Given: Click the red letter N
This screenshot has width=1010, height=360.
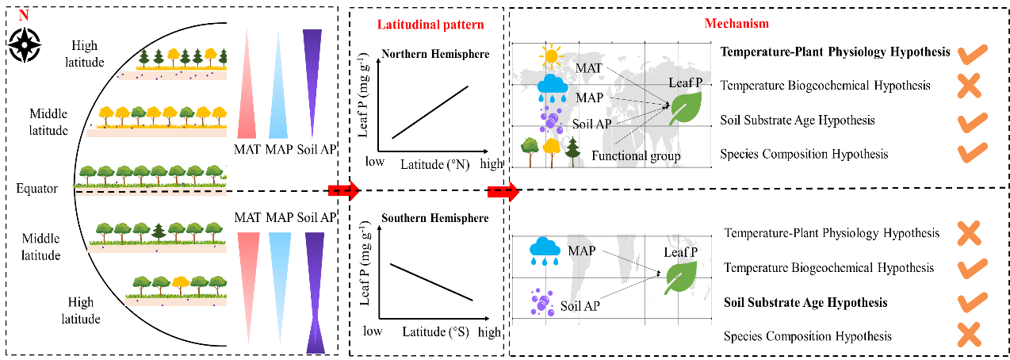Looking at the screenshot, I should coord(24,15).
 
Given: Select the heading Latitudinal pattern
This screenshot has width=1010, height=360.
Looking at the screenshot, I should coord(430,25).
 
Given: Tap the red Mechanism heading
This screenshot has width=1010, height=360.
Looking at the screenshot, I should coord(736,24).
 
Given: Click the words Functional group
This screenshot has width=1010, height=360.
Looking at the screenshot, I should coord(636,156).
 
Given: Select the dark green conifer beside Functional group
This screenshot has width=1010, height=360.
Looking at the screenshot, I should coord(572,151).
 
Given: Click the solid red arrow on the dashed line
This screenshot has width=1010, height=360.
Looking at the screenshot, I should coord(344,190).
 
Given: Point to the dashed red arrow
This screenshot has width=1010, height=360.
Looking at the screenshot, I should coord(503,191).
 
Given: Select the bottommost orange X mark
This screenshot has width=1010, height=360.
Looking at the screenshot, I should coord(969,334).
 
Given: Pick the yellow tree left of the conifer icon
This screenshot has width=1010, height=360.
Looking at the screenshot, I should coord(551,149).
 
